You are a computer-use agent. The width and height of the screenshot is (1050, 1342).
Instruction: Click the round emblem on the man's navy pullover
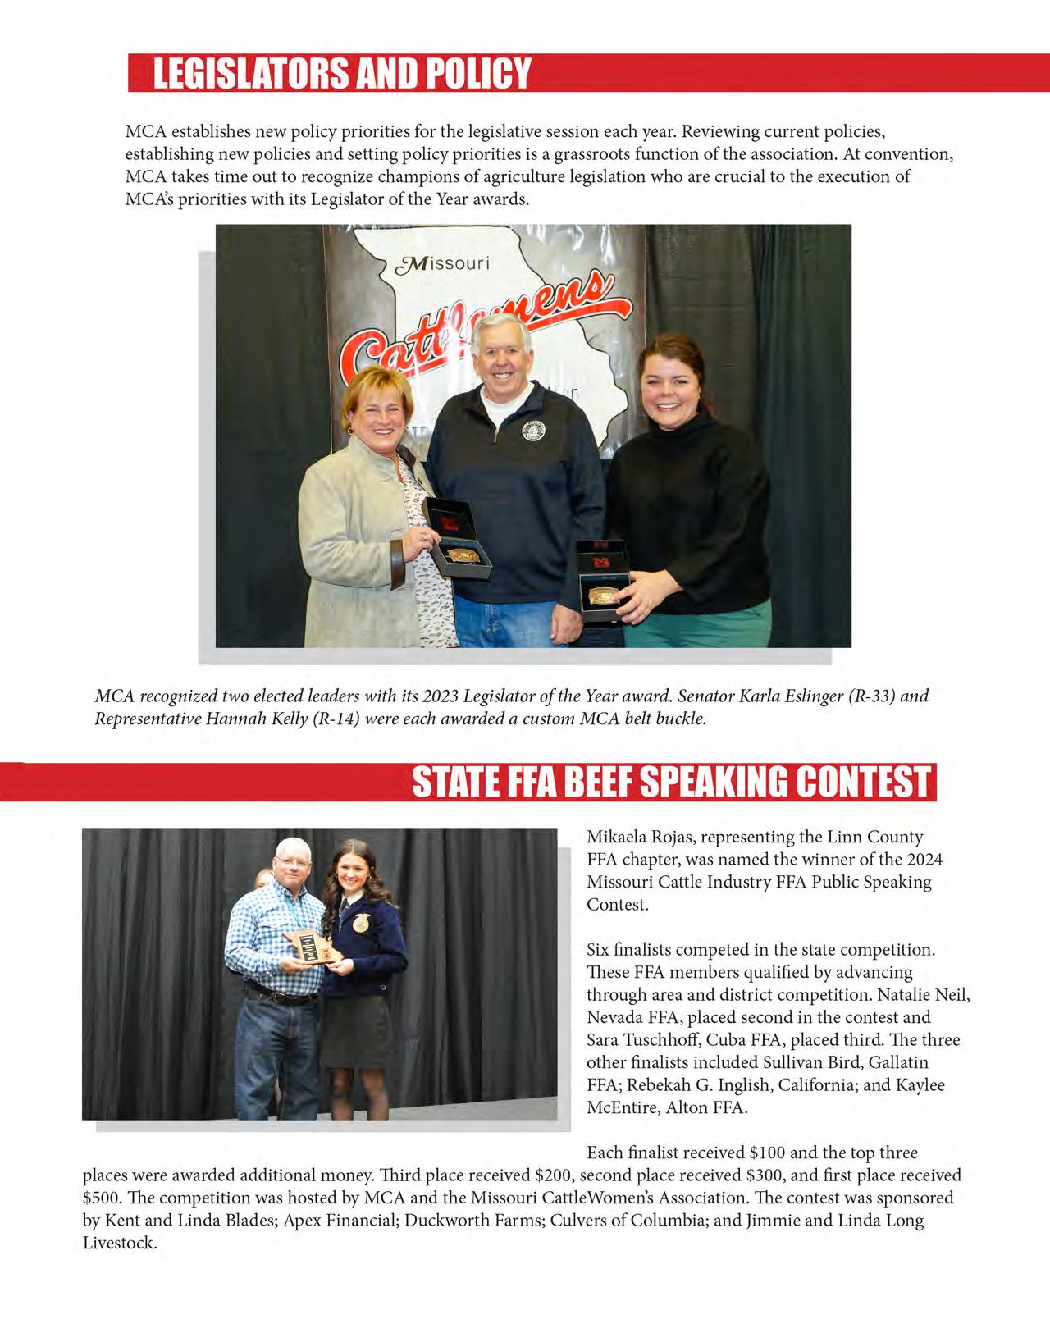point(533,431)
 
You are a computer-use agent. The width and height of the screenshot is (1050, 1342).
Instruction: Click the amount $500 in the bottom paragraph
point(100,1198)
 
